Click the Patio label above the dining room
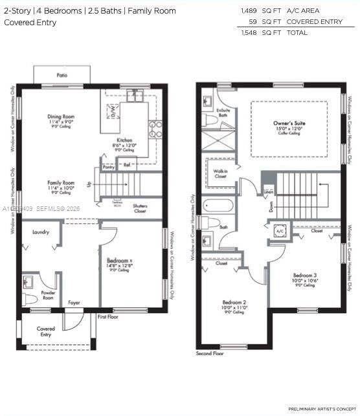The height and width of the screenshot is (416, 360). (x=62, y=75)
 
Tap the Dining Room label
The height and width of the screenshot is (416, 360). (x=62, y=116)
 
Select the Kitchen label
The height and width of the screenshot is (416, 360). (x=124, y=140)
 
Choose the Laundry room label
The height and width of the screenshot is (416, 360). (x=40, y=231)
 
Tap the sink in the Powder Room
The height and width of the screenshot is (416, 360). (x=28, y=282)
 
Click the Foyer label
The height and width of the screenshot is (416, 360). (x=75, y=302)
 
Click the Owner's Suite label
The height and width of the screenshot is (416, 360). (x=289, y=123)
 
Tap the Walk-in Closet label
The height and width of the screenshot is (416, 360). (x=220, y=173)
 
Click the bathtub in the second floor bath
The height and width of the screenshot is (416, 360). (x=219, y=206)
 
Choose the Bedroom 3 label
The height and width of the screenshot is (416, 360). (x=304, y=275)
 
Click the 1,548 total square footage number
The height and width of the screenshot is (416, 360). (x=249, y=32)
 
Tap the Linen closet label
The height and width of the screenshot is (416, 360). (x=268, y=192)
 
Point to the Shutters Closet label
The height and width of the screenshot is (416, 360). (x=140, y=208)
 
